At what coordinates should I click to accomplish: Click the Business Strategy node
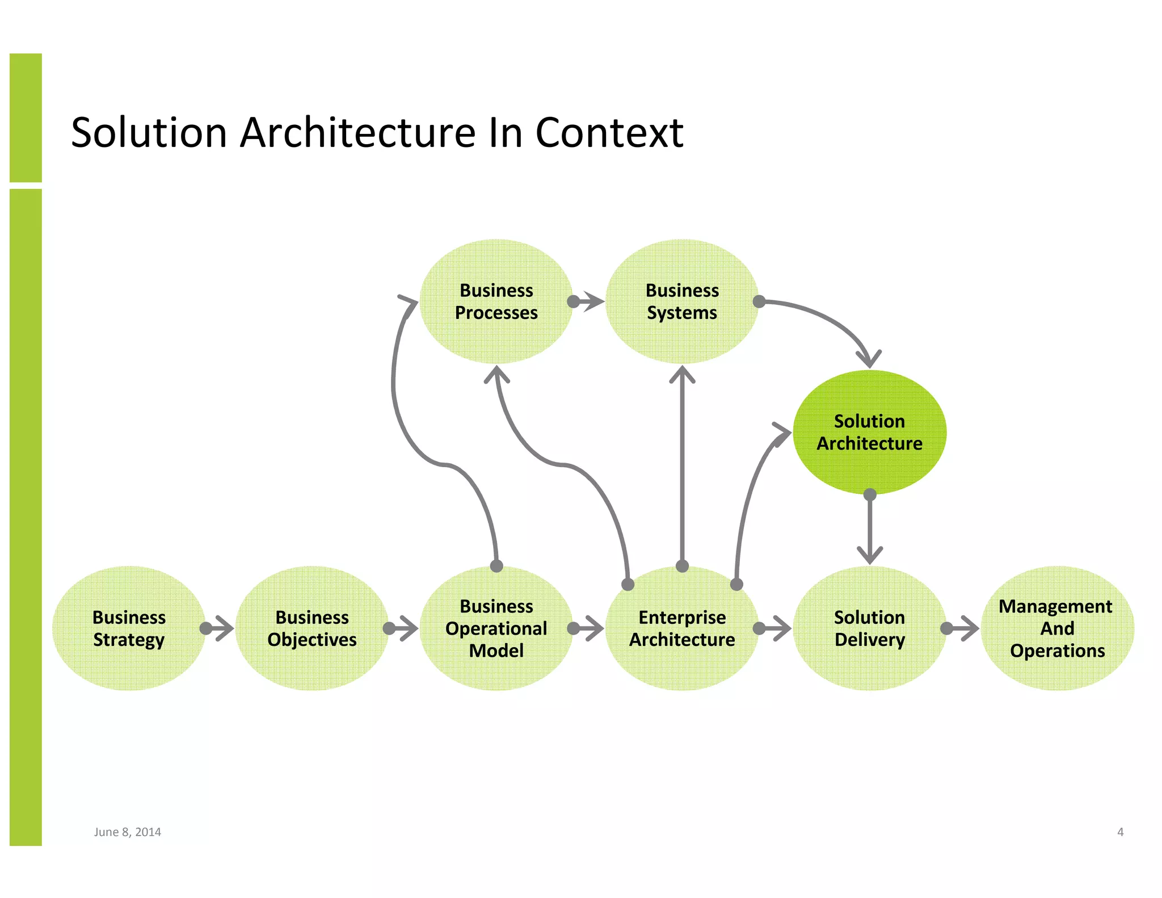[129, 628]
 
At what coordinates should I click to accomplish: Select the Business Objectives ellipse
[311, 628]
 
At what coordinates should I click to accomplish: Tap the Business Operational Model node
[496, 628]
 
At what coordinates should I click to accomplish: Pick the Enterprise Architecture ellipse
[682, 628]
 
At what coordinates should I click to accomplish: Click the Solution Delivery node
[869, 628]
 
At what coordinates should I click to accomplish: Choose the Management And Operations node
[1056, 628]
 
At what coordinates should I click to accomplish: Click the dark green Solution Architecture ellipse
[869, 432]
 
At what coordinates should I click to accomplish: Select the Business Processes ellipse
[496, 301]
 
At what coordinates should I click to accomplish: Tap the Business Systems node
[682, 301]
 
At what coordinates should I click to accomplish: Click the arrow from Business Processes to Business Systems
[588, 301]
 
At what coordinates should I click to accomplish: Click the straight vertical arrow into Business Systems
[682, 465]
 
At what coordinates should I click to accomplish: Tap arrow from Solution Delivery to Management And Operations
[963, 628]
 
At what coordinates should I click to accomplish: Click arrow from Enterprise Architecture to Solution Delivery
[775, 628]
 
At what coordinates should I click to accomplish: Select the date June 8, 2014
[127, 832]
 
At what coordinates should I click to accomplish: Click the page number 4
[1120, 832]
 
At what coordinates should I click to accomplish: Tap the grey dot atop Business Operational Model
[496, 566]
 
